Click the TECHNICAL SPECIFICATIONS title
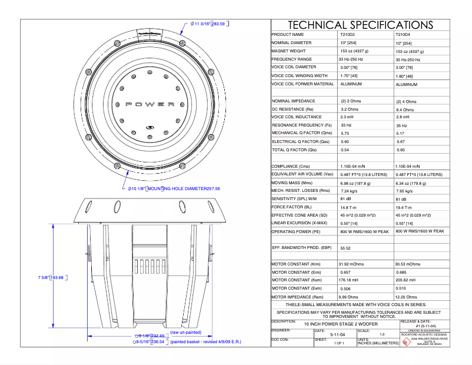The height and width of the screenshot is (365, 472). pos(360,25)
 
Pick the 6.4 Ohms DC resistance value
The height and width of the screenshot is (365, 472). pos(406,109)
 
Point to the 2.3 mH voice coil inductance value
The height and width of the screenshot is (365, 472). pos(348,117)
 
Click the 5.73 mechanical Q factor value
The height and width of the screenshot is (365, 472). pos(346,134)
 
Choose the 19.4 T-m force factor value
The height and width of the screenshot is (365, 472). pos(407,207)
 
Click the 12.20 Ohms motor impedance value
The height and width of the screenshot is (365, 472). pos(408,297)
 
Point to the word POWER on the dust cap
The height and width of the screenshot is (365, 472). pos(151,104)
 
